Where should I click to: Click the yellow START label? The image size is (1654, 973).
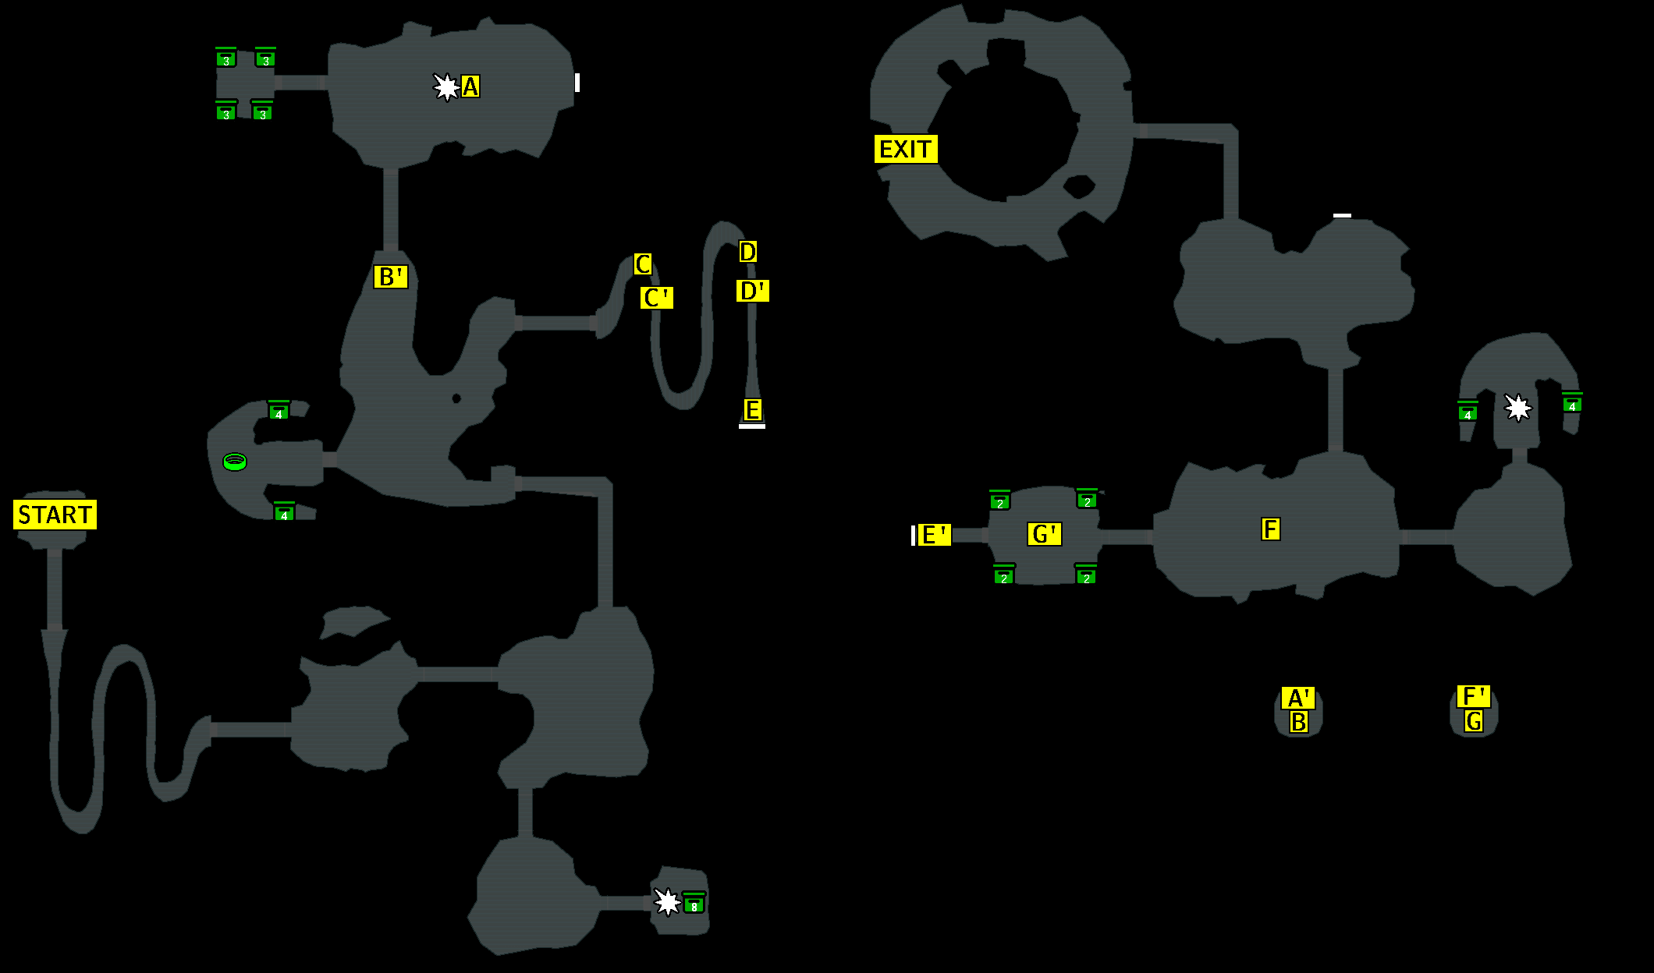[x=55, y=515]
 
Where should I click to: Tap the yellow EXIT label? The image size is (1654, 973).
[x=905, y=149]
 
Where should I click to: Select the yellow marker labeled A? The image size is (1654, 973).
[x=470, y=87]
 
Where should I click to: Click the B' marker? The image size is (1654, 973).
[x=390, y=277]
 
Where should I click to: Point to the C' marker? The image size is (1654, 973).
[x=656, y=298]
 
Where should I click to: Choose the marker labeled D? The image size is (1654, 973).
[x=747, y=252]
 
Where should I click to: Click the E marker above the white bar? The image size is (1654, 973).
[x=752, y=409]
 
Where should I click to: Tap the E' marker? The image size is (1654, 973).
[x=933, y=535]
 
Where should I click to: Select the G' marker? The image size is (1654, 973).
[x=1044, y=534]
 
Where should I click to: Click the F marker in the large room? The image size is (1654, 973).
[x=1270, y=529]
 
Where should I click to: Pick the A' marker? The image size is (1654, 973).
[x=1297, y=698]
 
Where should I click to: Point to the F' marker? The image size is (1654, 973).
[x=1473, y=696]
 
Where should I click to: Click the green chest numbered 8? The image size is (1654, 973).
[x=694, y=904]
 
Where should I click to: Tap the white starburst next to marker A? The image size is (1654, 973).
[x=446, y=87]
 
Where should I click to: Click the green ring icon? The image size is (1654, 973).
[x=235, y=462]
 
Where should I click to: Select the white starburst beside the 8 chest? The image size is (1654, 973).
[x=667, y=902]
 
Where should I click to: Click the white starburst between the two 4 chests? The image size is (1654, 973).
[x=1517, y=408]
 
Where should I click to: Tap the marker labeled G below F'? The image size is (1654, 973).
[x=1473, y=721]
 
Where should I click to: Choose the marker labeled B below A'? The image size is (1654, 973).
[x=1298, y=722]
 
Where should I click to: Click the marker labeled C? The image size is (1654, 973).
[x=642, y=264]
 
